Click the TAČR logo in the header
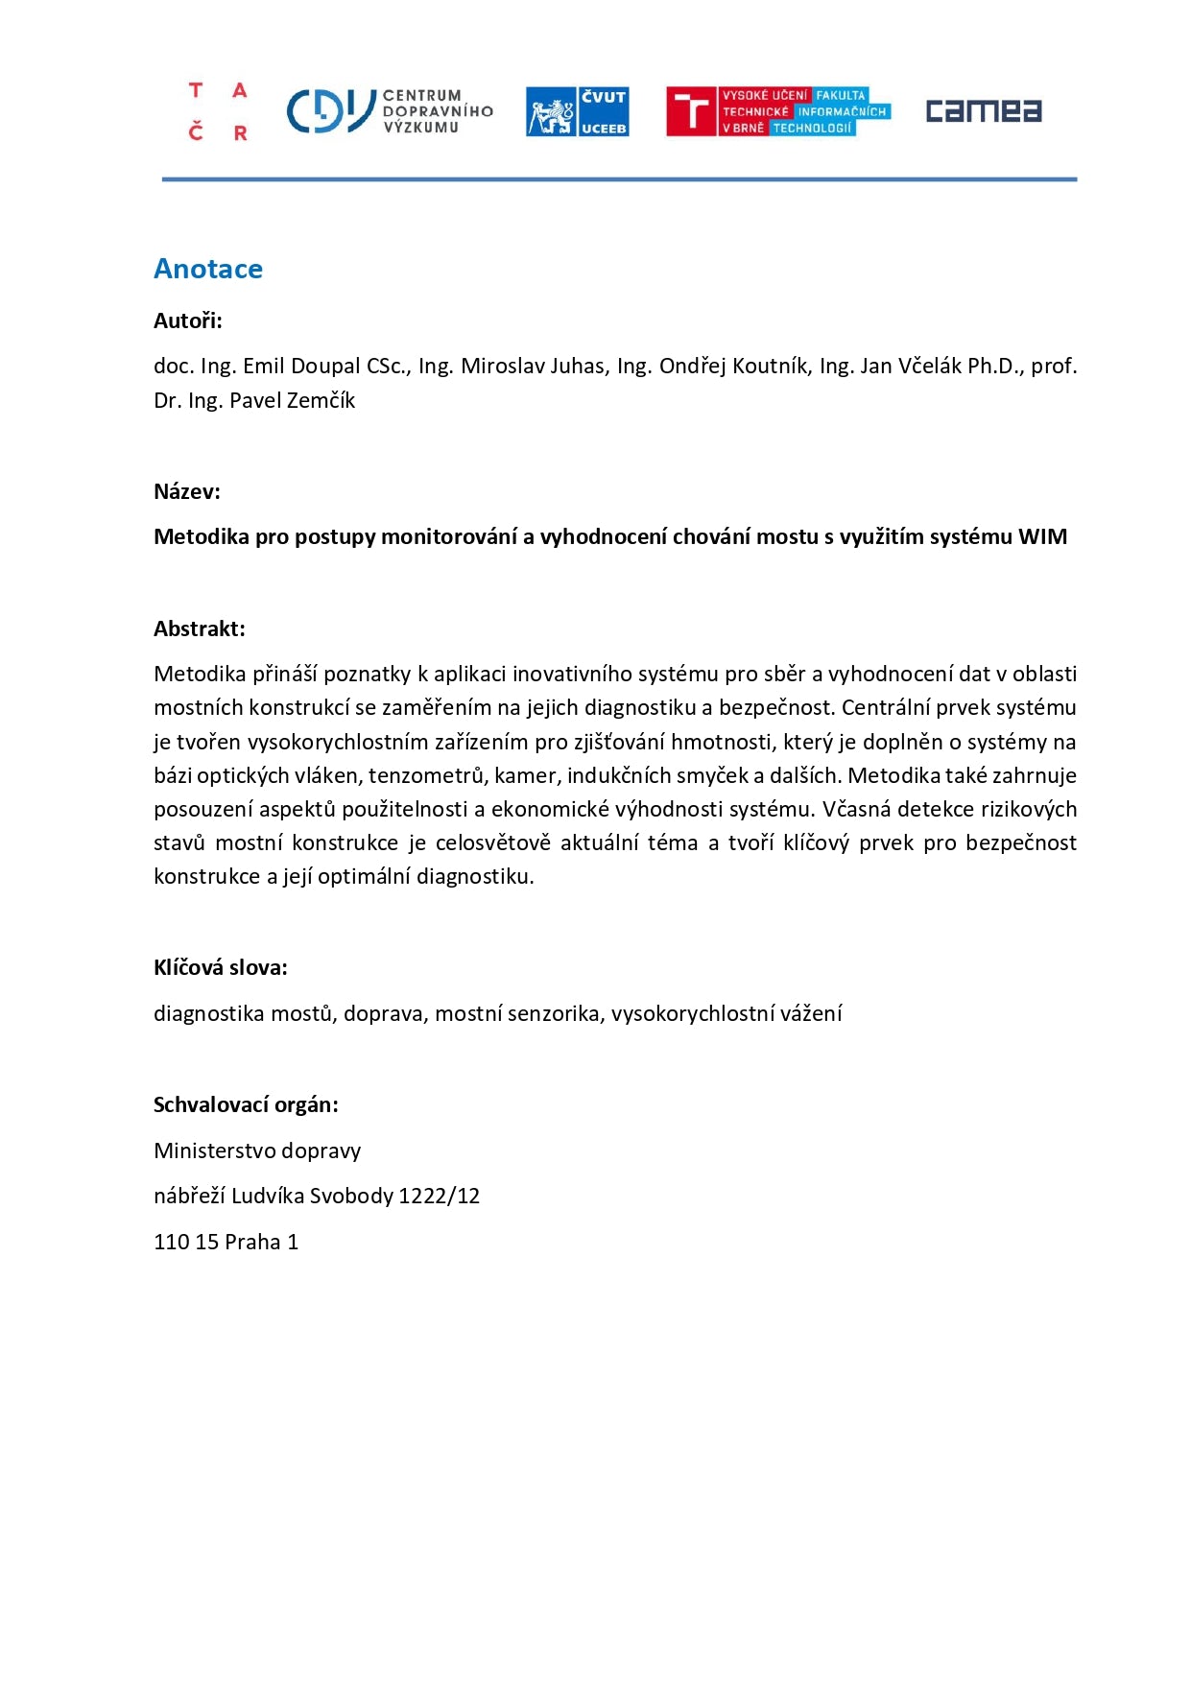pyautogui.click(x=218, y=111)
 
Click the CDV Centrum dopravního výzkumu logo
pyautogui.click(x=389, y=111)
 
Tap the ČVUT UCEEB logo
pyautogui.click(x=577, y=111)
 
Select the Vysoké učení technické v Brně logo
pyautogui.click(x=777, y=111)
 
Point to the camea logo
pyautogui.click(x=983, y=111)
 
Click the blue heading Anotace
pyautogui.click(x=208, y=269)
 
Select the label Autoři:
pyautogui.click(x=188, y=321)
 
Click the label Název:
pyautogui.click(x=187, y=492)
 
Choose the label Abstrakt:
pyautogui.click(x=200, y=629)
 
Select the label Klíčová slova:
pyautogui.click(x=221, y=968)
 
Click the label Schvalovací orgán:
pyautogui.click(x=246, y=1105)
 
